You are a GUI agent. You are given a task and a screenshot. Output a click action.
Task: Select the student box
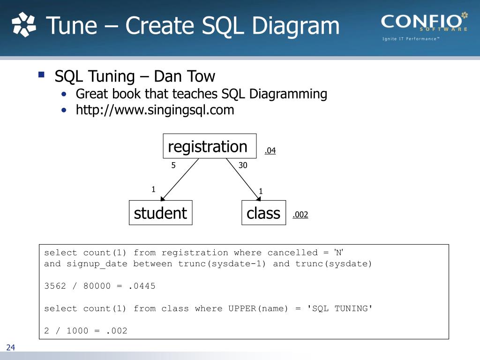pos(160,213)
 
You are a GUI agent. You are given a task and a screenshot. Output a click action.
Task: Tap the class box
pos(263,213)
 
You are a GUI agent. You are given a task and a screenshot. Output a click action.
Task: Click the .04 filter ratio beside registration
pos(270,150)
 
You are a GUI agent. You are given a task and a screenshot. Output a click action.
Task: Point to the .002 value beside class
pos(300,215)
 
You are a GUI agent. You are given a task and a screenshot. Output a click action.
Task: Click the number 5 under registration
pos(173,165)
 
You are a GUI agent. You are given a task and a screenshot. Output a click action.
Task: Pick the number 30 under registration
pos(243,165)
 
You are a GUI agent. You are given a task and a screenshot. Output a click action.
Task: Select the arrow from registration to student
pos(180,180)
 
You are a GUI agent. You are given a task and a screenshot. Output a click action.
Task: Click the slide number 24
pos(11,347)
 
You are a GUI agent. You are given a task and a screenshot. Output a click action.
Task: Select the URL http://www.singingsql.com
pos(155,110)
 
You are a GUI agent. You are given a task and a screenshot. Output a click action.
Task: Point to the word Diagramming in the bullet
pos(288,94)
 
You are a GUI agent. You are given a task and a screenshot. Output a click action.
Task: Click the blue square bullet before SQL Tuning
pos(41,75)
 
